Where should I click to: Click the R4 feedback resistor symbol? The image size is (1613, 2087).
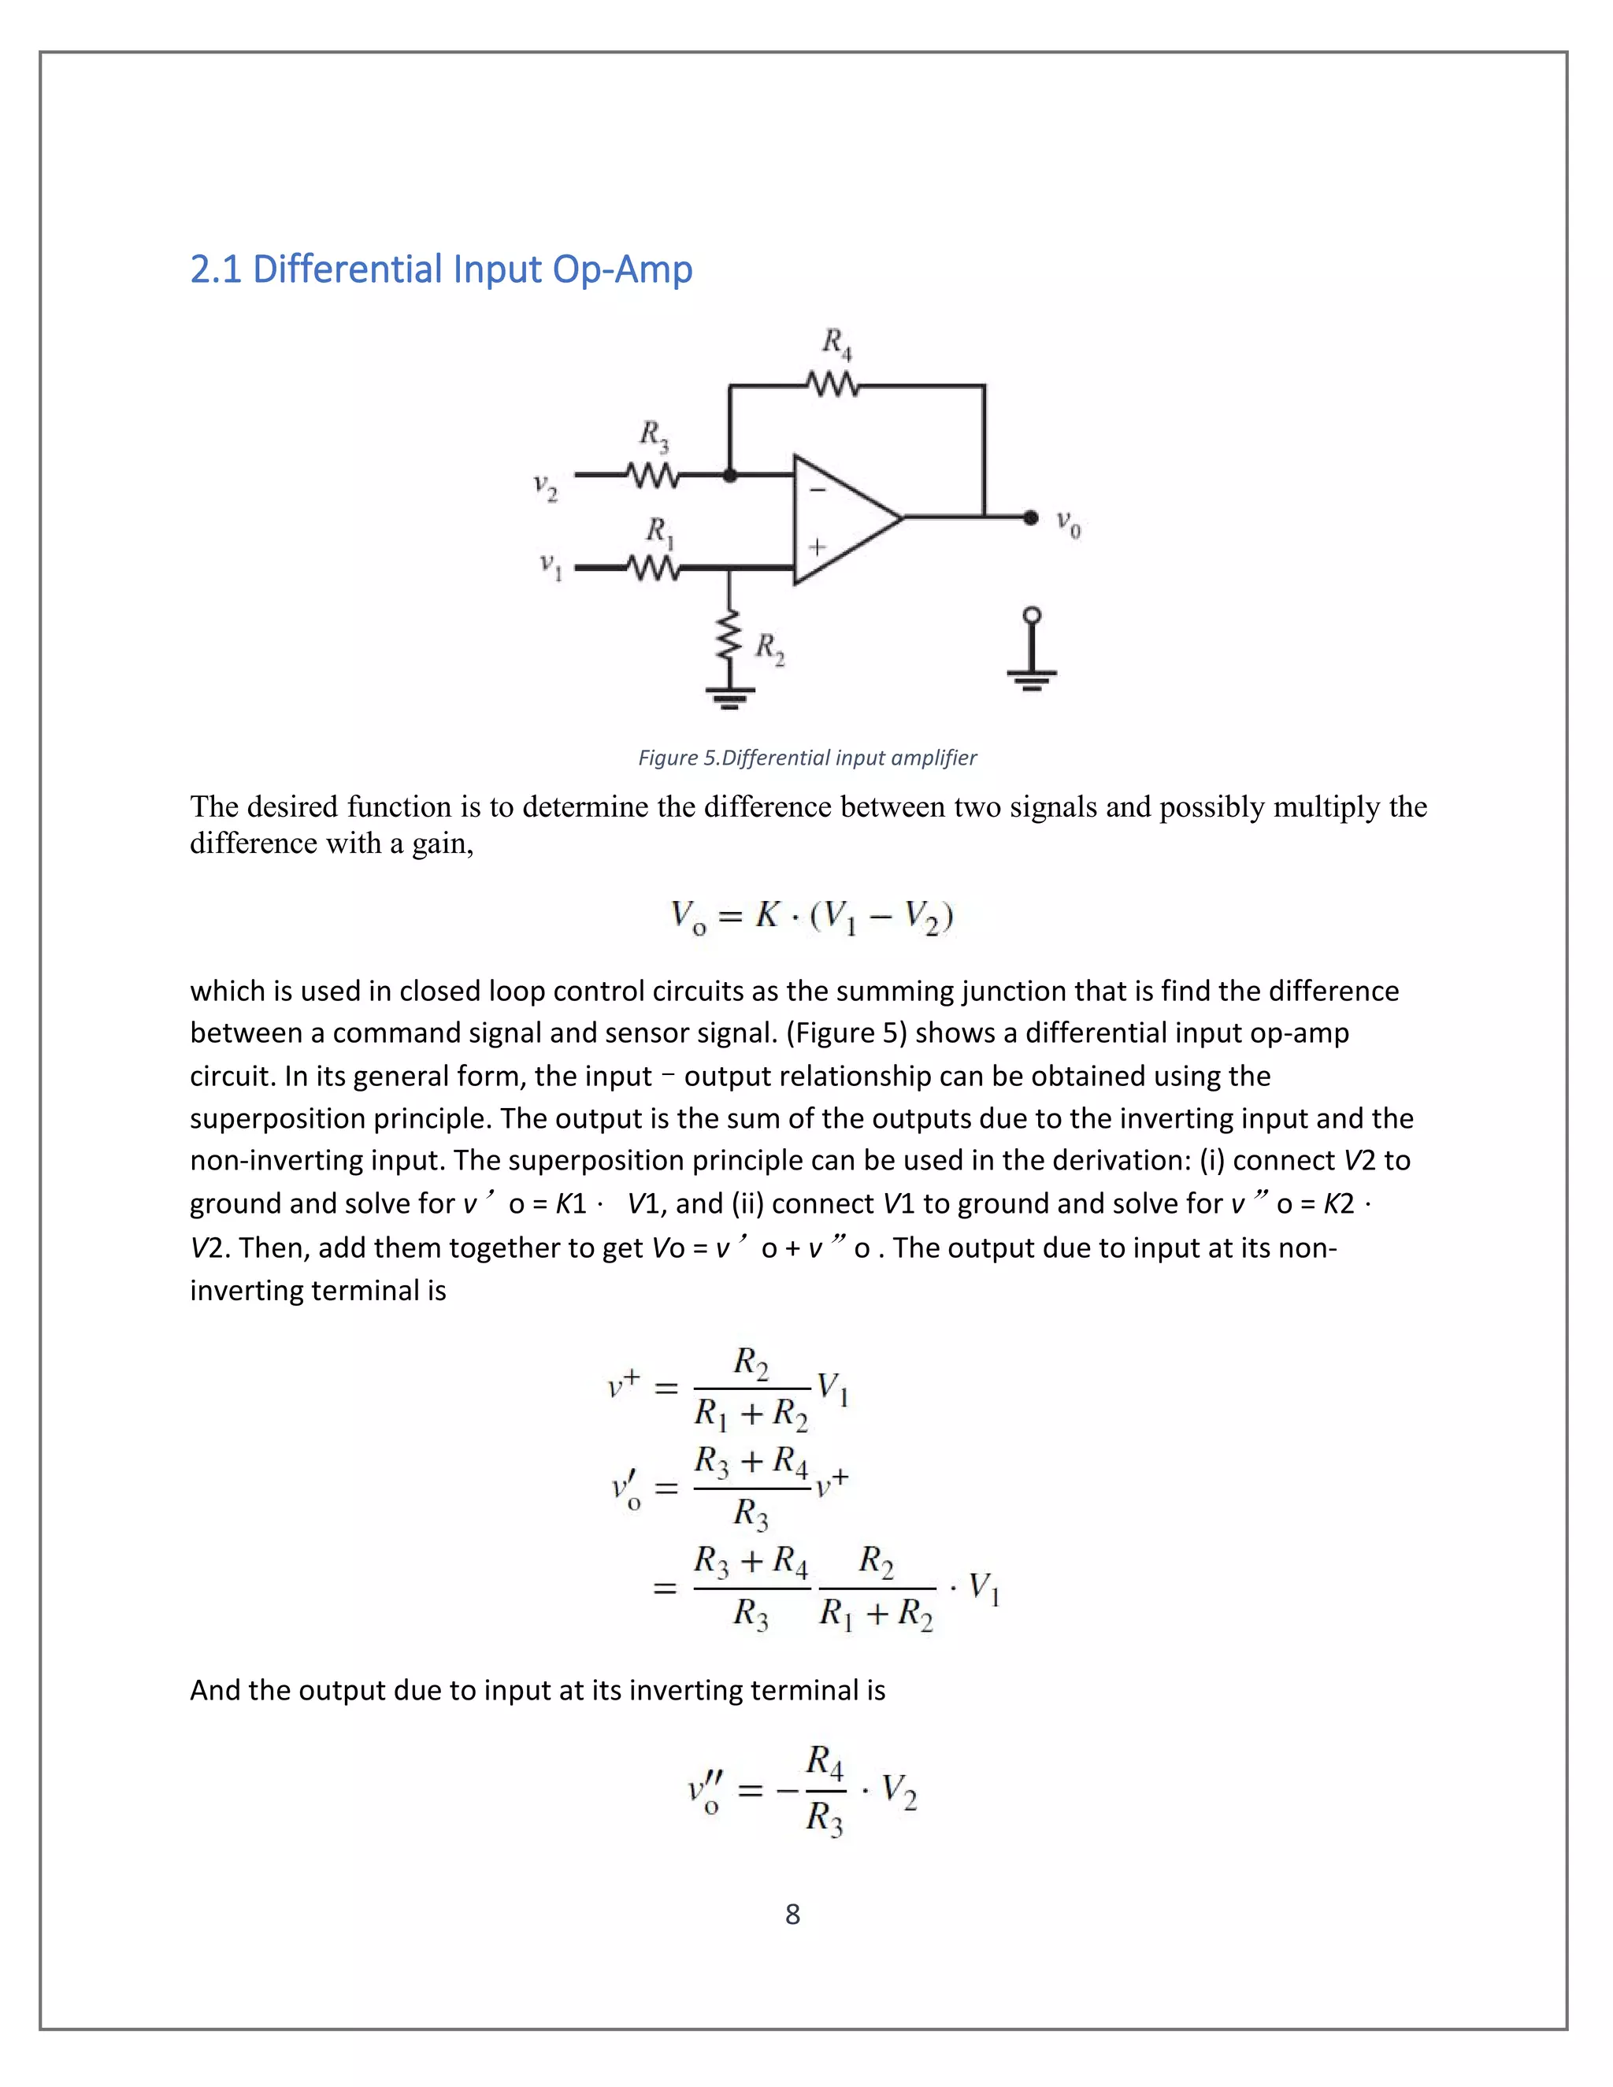point(832,386)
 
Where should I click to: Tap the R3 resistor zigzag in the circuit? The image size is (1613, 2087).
point(653,474)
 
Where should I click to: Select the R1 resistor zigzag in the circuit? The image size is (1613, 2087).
point(653,568)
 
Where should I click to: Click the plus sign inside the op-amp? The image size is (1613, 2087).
point(817,547)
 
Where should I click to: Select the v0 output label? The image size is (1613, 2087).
point(1068,523)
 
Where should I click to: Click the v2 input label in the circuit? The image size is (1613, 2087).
point(545,487)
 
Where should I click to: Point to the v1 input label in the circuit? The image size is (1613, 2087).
point(551,567)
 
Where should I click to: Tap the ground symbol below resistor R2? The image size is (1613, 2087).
point(730,695)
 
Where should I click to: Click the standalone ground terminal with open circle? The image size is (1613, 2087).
point(1031,650)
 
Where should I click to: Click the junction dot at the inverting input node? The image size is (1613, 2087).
point(730,474)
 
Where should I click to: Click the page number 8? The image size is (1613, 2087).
point(792,1914)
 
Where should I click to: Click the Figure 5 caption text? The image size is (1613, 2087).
point(806,758)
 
